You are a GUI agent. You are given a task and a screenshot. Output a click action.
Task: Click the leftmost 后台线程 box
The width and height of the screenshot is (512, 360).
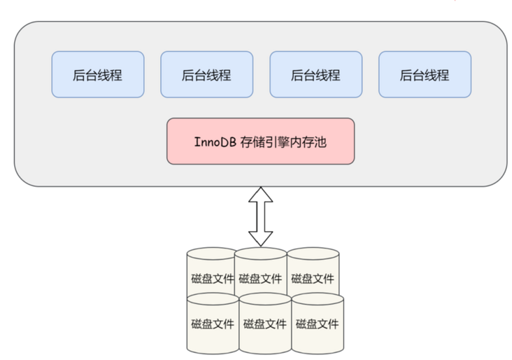coord(97,74)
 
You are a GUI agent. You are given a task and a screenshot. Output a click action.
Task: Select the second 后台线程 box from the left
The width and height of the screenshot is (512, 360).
coord(206,74)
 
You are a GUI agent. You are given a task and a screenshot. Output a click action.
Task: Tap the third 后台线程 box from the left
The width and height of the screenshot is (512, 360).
coord(315,74)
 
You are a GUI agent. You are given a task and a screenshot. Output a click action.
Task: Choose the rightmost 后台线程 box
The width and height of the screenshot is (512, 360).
coord(425,74)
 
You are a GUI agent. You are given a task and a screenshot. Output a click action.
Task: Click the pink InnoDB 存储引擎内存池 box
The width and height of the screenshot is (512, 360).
coord(260,141)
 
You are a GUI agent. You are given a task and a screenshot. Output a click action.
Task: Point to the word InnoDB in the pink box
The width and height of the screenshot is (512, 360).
coord(213,142)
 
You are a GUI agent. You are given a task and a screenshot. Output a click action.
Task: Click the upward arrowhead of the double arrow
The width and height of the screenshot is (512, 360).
coord(261,195)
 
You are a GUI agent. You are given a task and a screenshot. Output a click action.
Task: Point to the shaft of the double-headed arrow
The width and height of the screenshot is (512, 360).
coord(261,216)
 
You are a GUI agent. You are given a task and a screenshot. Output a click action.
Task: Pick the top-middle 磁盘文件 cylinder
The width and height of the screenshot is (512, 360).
coord(260,277)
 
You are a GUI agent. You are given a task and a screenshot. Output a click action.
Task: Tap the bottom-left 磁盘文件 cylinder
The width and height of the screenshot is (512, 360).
coord(213,324)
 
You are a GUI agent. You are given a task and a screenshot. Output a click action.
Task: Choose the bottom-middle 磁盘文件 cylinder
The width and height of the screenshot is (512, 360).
coord(264,324)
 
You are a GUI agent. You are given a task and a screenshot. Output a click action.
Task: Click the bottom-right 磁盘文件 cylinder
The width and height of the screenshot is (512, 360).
coord(317,324)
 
